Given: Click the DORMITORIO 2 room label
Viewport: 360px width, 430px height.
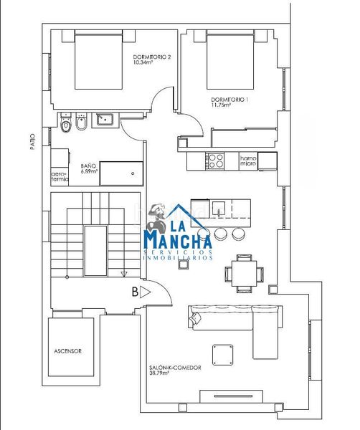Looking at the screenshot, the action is pos(152,57).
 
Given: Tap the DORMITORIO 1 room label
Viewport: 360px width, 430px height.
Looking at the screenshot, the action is pos(229,100).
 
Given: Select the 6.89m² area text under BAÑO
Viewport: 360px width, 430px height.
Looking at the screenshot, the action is pos(89,171).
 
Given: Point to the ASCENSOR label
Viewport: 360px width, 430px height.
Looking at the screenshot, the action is pos(68,351).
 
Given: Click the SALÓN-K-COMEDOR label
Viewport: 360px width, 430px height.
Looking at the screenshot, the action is pos(175,368).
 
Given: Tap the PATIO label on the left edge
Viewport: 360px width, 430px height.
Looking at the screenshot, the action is pos(33,141).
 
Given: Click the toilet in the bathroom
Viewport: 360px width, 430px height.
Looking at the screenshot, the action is pos(65,123).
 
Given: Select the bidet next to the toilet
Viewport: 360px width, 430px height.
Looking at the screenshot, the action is pos(81,122).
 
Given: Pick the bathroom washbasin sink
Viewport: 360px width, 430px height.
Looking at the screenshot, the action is pos(104,119).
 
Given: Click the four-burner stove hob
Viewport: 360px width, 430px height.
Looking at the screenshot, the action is pos(215,161).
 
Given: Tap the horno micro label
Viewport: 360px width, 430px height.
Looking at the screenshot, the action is pos(248,161).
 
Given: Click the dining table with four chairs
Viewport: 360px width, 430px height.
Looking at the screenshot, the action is pos(245,274).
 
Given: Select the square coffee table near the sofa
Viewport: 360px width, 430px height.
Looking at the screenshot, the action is pos(222,355).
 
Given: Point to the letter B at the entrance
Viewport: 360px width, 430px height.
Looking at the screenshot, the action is pos(135,292).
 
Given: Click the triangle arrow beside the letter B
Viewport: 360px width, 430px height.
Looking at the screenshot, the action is pos(145,292).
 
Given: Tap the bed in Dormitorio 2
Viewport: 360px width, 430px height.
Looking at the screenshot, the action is pos(98,59).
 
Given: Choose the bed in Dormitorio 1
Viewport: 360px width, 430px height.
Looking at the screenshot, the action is pos(230,59).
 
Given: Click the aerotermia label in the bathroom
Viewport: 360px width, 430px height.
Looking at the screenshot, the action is pos(60,177).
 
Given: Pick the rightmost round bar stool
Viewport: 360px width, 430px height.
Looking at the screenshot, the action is pos(238,234).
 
